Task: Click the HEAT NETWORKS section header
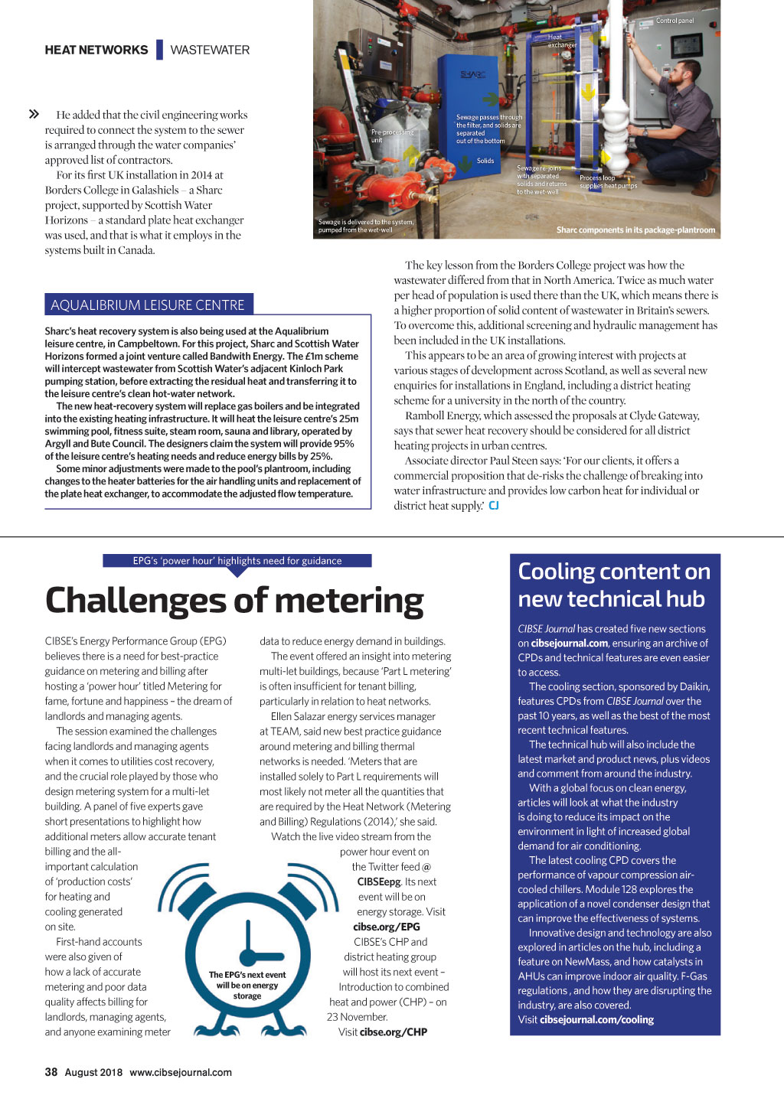click(x=96, y=51)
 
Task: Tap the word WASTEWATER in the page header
click(x=210, y=51)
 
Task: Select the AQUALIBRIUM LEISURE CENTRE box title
click(x=148, y=305)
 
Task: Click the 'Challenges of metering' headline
click(x=234, y=601)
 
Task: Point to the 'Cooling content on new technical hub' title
click(x=614, y=585)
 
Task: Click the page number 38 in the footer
click(x=51, y=1072)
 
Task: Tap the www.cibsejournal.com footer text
click(x=181, y=1072)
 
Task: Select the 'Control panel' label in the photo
click(x=675, y=21)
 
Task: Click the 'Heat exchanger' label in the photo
click(x=561, y=41)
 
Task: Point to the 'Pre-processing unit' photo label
click(x=391, y=136)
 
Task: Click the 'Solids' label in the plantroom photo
click(x=485, y=161)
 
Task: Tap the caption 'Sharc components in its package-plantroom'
click(x=635, y=230)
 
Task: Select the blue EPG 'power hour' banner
click(x=237, y=561)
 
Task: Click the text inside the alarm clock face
click(x=247, y=986)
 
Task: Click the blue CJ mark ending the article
click(x=494, y=506)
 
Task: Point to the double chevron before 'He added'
click(x=34, y=115)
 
